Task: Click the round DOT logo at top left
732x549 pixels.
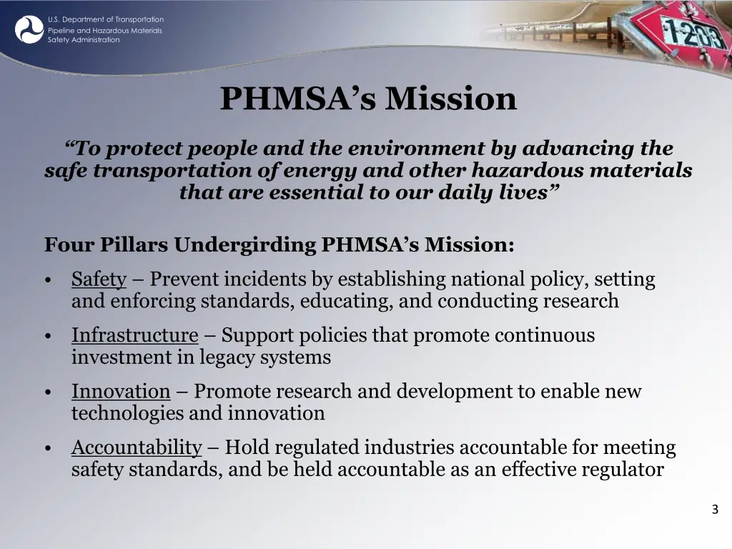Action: pyautogui.click(x=29, y=29)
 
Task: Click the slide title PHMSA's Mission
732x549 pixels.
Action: pyautogui.click(x=368, y=99)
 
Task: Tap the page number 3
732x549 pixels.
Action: pyautogui.click(x=715, y=510)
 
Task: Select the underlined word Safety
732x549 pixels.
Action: pyautogui.click(x=99, y=279)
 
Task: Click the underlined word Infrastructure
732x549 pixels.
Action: pyautogui.click(x=134, y=335)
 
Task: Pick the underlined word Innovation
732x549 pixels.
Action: pyautogui.click(x=121, y=391)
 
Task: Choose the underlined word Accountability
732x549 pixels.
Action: pyautogui.click(x=137, y=447)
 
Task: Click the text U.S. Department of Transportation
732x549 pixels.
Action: pyautogui.click(x=106, y=19)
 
